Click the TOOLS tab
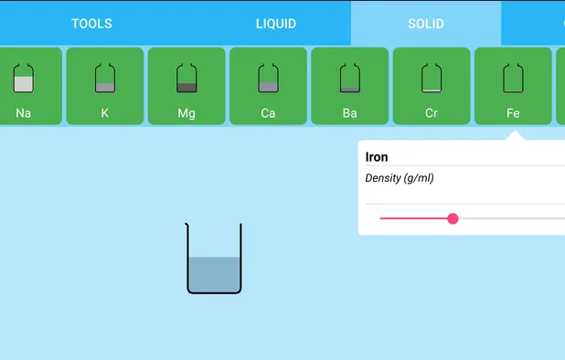tap(91, 23)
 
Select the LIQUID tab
tap(276, 23)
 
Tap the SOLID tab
tap(426, 23)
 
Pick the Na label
tap(24, 113)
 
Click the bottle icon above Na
tap(24, 78)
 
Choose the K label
tap(105, 113)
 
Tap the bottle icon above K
tap(105, 78)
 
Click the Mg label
tap(187, 113)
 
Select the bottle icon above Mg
tap(187, 78)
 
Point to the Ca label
tap(268, 113)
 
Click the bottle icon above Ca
tap(268, 78)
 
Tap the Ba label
tap(349, 113)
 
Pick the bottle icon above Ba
tap(349, 78)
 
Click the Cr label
tap(432, 113)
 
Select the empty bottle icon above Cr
tap(432, 78)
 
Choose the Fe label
tap(513, 113)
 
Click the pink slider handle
tap(453, 218)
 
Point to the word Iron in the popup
tap(377, 157)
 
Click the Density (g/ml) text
tap(400, 178)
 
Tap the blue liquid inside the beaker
tap(214, 274)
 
